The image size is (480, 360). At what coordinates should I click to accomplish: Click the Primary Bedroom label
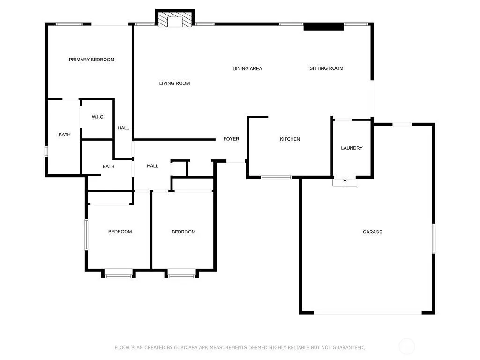pyautogui.click(x=91, y=60)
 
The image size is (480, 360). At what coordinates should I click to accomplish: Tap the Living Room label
pyautogui.click(x=174, y=83)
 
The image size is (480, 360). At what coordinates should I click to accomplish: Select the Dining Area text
pyautogui.click(x=247, y=68)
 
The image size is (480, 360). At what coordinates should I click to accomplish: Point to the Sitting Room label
pyautogui.click(x=326, y=68)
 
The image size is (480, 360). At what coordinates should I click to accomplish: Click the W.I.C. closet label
pyautogui.click(x=98, y=117)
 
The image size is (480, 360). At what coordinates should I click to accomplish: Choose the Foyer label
pyautogui.click(x=231, y=139)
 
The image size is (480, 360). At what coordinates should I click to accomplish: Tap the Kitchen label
pyautogui.click(x=290, y=139)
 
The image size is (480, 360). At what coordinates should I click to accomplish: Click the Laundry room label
pyautogui.click(x=352, y=148)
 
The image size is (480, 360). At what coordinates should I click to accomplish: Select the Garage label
pyautogui.click(x=373, y=232)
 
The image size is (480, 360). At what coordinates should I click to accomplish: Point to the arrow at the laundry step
pyautogui.click(x=345, y=182)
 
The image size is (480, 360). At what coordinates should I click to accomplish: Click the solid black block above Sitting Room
pyautogui.click(x=323, y=27)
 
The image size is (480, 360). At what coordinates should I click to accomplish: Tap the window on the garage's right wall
pyautogui.click(x=434, y=239)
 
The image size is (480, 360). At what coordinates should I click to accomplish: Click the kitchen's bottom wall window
pyautogui.click(x=276, y=177)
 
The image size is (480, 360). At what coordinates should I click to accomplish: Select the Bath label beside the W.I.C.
pyautogui.click(x=65, y=135)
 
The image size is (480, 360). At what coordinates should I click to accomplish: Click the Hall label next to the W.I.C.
pyautogui.click(x=123, y=128)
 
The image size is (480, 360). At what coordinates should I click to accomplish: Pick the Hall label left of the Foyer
pyautogui.click(x=152, y=166)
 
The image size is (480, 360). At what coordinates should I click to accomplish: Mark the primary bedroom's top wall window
pyautogui.click(x=69, y=24)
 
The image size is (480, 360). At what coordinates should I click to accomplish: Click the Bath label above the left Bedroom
pyautogui.click(x=108, y=166)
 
